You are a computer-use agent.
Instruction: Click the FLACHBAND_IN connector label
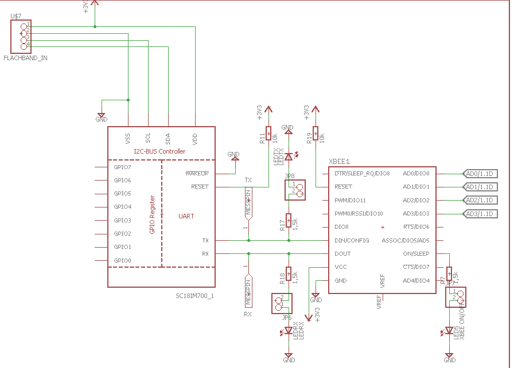click(25, 58)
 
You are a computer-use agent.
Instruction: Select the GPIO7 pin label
click(123, 167)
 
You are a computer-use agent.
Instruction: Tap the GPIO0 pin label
click(123, 260)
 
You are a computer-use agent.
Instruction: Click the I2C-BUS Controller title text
click(159, 151)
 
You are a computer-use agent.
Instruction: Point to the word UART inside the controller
click(186, 216)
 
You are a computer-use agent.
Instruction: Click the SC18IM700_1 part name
click(194, 296)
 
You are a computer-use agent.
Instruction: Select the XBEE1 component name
click(339, 162)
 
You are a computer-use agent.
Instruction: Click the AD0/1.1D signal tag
click(480, 173)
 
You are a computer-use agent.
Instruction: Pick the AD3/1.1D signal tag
click(480, 214)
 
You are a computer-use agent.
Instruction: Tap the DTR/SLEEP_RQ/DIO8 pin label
click(362, 173)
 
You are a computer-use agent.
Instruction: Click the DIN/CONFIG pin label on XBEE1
click(352, 240)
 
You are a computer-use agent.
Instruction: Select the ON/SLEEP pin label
click(416, 253)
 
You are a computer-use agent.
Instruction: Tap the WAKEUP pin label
click(197, 173)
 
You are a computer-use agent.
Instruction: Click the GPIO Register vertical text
click(153, 214)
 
